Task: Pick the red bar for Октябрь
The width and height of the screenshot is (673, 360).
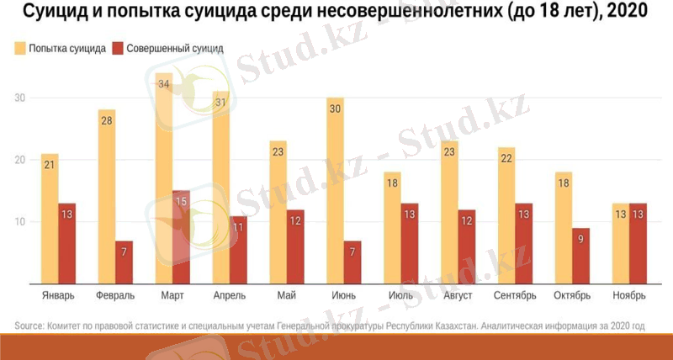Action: (x=580, y=256)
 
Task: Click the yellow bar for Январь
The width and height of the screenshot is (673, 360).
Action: (x=49, y=219)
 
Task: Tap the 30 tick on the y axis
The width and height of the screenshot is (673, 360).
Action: (x=19, y=98)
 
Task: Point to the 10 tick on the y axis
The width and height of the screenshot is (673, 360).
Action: (x=19, y=222)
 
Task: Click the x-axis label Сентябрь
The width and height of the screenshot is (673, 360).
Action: (x=517, y=296)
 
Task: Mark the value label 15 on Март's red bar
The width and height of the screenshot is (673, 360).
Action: (x=182, y=202)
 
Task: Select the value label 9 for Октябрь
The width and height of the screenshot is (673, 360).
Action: (x=580, y=238)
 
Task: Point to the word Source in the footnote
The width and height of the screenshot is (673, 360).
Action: (x=29, y=326)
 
